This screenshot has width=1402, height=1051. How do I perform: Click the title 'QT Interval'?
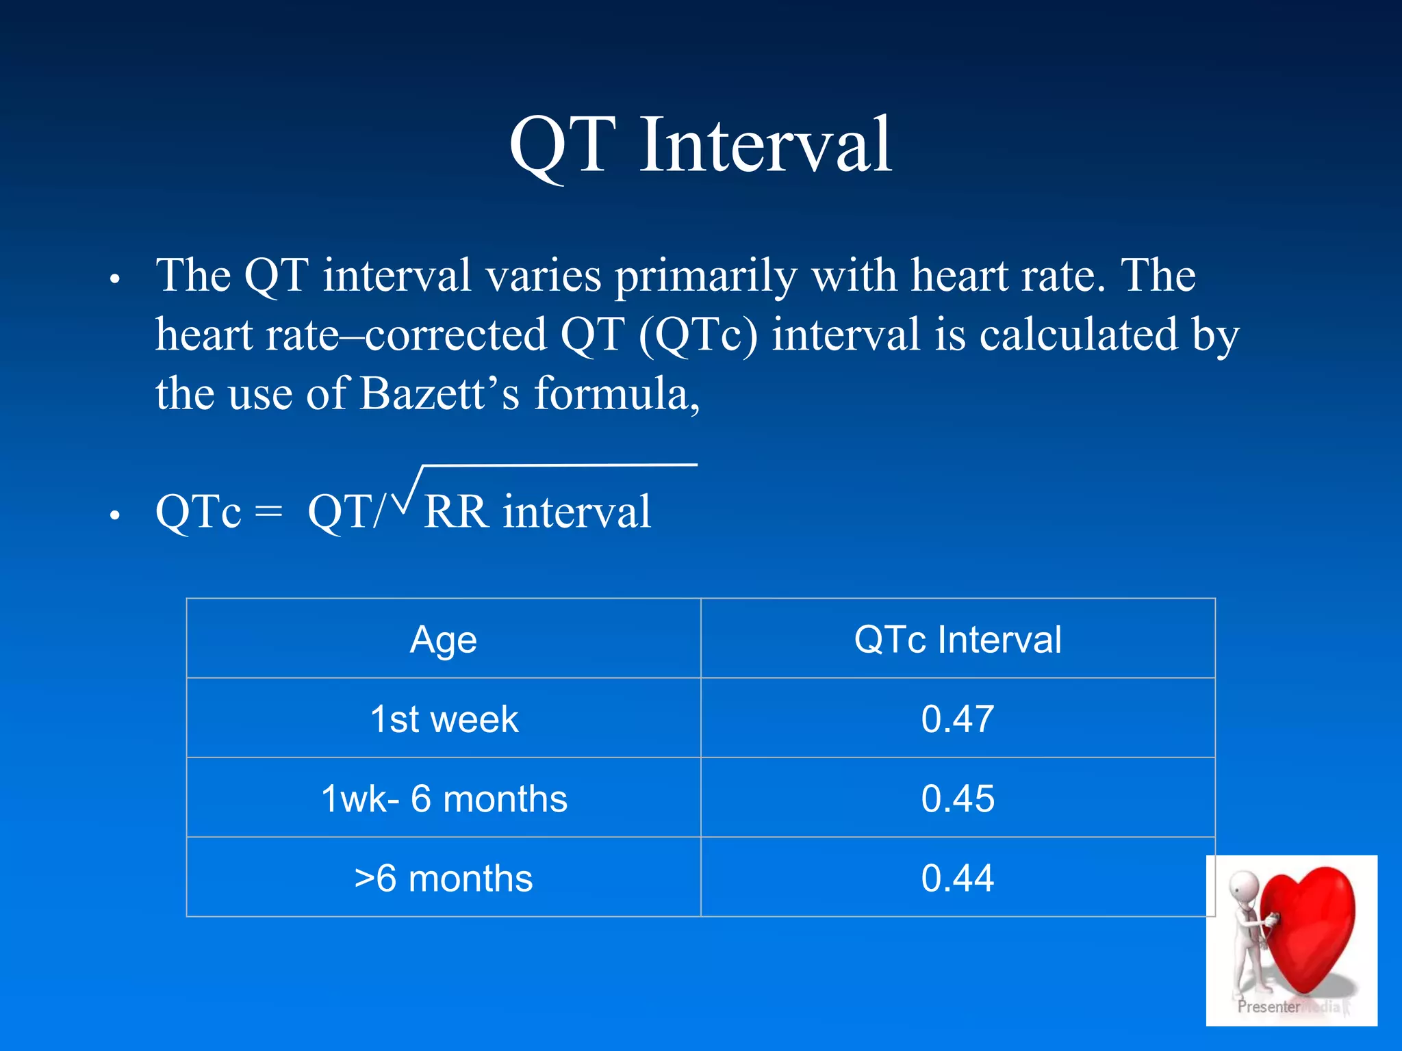pos(700,145)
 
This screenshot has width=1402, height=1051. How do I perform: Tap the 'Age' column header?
pos(443,640)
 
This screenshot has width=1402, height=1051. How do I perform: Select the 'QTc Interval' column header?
pos(957,640)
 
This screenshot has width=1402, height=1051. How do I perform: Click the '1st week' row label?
pos(444,719)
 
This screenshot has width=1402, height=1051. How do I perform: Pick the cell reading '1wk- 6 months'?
pos(444,799)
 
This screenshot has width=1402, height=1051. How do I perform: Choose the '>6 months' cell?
pos(443,878)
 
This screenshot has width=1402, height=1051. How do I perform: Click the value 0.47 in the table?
pos(957,719)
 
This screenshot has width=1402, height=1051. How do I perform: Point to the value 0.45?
pos(957,799)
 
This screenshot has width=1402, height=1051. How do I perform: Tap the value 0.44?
pos(957,878)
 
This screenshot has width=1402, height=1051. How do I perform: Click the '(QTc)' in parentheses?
pos(698,335)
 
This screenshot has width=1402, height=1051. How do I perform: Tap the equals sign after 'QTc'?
pos(268,512)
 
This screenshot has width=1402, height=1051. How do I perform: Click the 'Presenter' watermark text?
pos(1268,1007)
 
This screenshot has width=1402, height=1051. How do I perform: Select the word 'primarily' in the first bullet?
pos(705,276)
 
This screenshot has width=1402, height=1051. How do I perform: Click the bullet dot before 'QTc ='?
pos(115,516)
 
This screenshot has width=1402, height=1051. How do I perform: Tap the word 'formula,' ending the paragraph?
pos(617,394)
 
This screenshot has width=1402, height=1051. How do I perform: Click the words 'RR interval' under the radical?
pos(537,512)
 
